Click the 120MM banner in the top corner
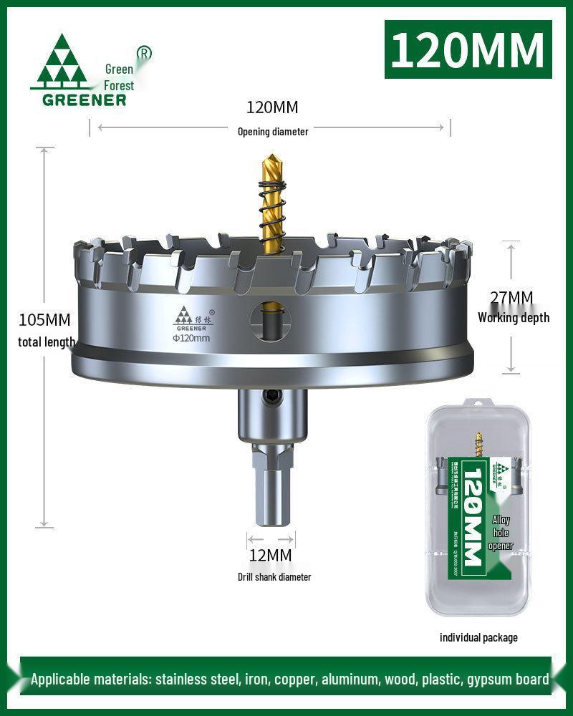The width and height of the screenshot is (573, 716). [x=468, y=49]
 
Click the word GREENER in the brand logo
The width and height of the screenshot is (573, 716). [x=84, y=100]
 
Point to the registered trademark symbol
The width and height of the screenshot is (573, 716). [x=144, y=53]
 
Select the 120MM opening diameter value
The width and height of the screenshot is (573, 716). [x=272, y=108]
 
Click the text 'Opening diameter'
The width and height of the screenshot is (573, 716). [x=273, y=131]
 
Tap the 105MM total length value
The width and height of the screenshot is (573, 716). [x=44, y=319]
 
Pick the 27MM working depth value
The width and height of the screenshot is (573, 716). [x=511, y=297]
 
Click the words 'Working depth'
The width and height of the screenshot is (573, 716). [x=514, y=317]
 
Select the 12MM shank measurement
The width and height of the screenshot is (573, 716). [x=271, y=555]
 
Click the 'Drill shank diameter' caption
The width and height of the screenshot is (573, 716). [x=274, y=576]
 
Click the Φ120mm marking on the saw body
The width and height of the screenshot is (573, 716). [x=191, y=338]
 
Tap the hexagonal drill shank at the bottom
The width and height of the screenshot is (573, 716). [x=271, y=487]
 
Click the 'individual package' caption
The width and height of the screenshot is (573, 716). [x=478, y=637]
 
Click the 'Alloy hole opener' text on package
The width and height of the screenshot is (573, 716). [x=501, y=533]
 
